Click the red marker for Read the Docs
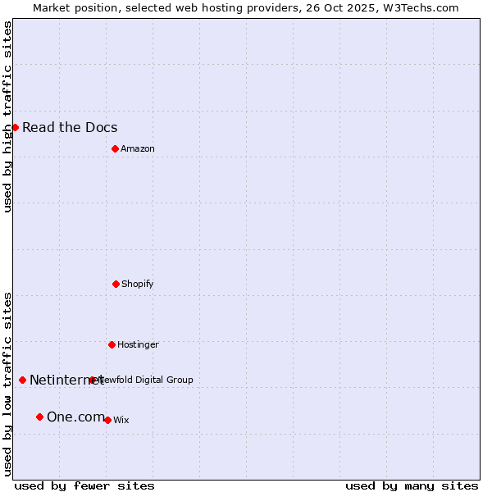click(15, 127)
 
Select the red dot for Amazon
click(115, 148)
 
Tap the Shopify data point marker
click(116, 284)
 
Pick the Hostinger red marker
click(112, 344)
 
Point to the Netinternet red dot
click(22, 380)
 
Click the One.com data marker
click(39, 417)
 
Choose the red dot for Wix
click(107, 420)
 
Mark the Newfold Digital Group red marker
click(92, 380)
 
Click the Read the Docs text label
click(70, 127)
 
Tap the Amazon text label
click(138, 148)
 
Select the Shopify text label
click(138, 284)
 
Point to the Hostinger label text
click(138, 344)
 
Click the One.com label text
click(75, 417)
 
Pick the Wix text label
click(121, 420)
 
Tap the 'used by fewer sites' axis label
click(84, 485)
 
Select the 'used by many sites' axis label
click(412, 485)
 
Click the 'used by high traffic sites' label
click(8, 116)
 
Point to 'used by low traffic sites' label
click(8, 384)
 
